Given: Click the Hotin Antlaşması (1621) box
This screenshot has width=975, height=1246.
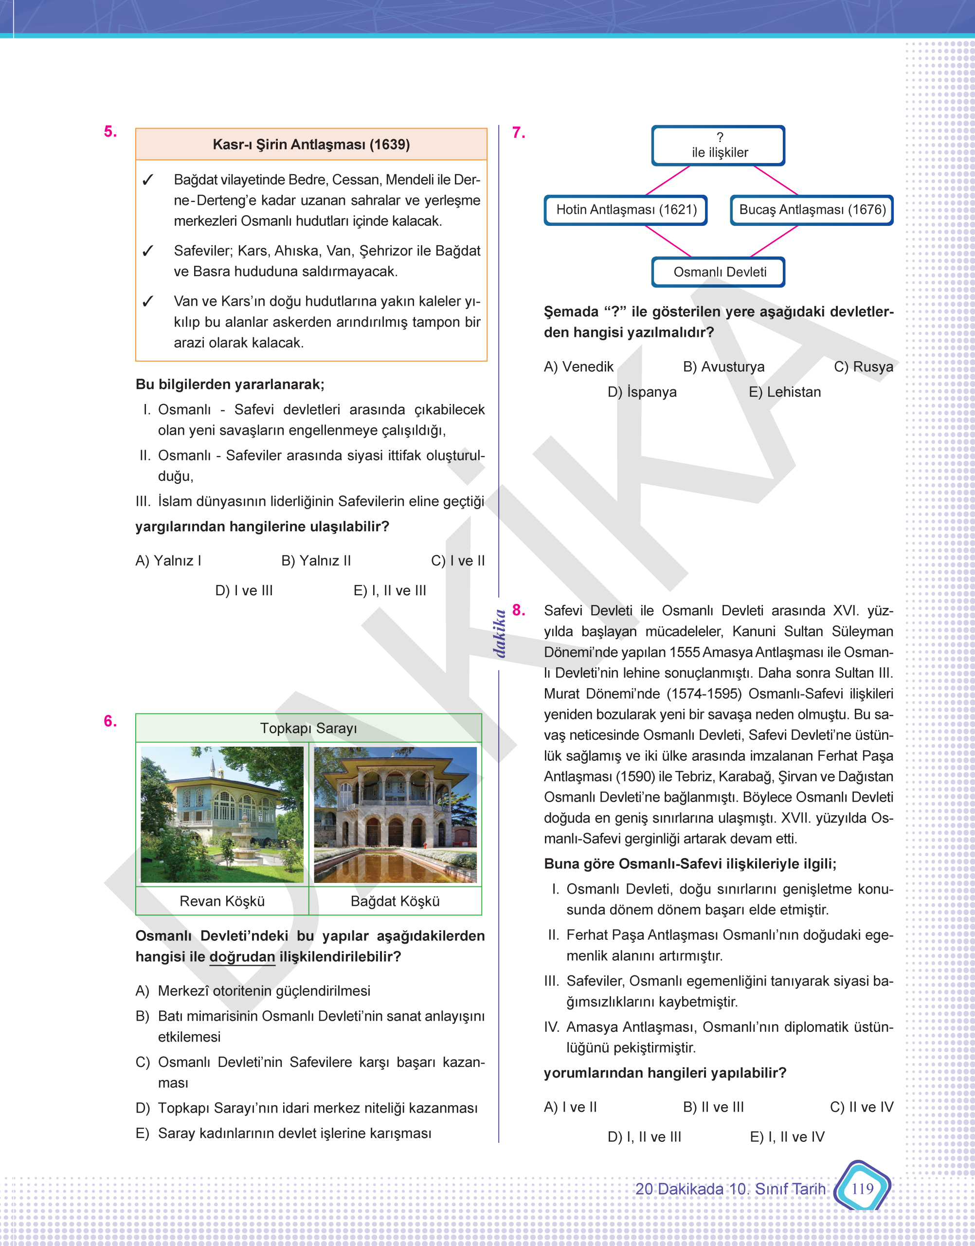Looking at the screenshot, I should (626, 210).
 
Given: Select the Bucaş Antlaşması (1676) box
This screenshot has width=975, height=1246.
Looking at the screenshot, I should (811, 210).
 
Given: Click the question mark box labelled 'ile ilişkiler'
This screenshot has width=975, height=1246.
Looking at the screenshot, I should (719, 146).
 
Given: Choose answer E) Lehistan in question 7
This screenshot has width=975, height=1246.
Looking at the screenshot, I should (784, 392).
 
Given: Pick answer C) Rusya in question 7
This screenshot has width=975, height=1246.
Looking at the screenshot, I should (863, 366).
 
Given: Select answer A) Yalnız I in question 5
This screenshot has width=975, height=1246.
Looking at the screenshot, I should (168, 561).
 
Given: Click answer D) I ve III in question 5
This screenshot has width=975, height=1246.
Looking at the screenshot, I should (244, 590).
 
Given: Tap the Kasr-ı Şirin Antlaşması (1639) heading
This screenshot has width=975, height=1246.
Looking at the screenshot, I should (311, 145).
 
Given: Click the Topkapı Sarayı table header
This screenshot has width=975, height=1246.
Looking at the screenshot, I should (308, 728).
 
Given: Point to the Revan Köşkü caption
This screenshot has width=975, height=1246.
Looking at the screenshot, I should (222, 901).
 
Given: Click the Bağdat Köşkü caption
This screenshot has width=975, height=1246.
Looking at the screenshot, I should (395, 901).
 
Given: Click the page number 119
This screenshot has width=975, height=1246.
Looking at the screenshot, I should (862, 1189).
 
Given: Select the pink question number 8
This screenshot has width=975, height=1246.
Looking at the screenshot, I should (518, 610).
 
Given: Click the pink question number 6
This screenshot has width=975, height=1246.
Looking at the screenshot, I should (110, 721).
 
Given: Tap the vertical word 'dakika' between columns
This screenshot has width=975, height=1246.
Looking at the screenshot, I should (500, 634).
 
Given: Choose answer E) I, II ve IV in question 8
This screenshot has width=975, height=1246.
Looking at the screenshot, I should (787, 1137).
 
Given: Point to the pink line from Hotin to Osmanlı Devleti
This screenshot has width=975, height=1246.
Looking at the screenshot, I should (668, 241).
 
